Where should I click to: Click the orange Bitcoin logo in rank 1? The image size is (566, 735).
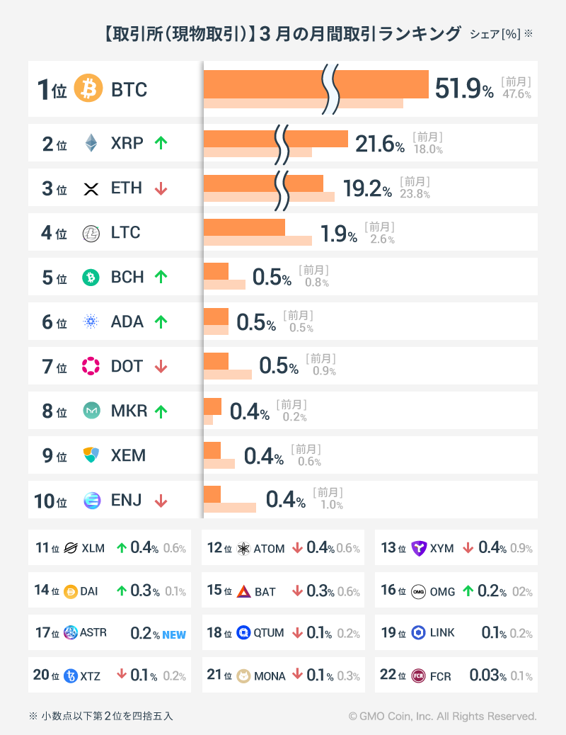pos(88,89)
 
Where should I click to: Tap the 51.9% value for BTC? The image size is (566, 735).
pos(463,89)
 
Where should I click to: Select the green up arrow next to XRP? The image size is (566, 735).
pos(161,143)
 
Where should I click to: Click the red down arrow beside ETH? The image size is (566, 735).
pos(161,188)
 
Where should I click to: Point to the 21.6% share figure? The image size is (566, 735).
pos(379,144)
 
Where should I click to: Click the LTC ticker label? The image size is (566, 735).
pos(126,233)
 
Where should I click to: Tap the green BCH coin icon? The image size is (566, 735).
pos(91,278)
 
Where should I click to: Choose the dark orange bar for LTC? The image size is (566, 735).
pos(244,227)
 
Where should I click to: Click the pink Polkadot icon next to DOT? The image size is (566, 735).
pos(91,367)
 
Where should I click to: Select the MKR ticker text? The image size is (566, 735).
pos(129,411)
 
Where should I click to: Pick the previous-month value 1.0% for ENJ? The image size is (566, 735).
pos(331,505)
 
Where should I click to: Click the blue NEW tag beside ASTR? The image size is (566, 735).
pos(174,635)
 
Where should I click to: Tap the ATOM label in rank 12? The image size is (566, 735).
pos(269,549)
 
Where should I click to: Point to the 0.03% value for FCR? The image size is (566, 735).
pos(487,676)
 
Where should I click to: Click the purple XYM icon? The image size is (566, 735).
pos(420,549)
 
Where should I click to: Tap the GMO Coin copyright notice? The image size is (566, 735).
pos(442,717)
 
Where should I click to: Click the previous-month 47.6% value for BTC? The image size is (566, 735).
pos(516,94)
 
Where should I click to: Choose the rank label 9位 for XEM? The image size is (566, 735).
pos(54,456)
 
